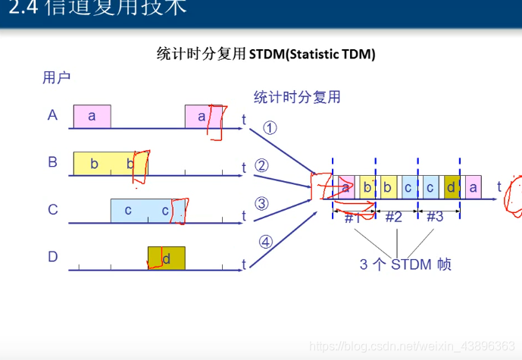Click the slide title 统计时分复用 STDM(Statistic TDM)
click(266, 54)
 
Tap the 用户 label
click(57, 77)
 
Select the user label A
click(52, 115)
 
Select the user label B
click(52, 162)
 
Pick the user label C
click(53, 209)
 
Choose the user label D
click(53, 256)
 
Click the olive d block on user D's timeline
click(166, 258)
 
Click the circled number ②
click(261, 166)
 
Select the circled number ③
click(261, 203)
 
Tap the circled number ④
click(265, 243)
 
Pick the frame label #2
click(394, 218)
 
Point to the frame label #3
click(435, 218)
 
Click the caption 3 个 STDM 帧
click(405, 265)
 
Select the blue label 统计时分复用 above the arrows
click(297, 97)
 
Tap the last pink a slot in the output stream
click(474, 186)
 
